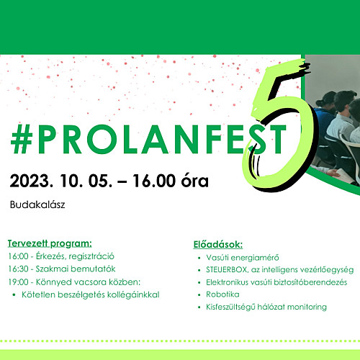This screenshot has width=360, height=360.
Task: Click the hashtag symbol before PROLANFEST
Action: [22, 139]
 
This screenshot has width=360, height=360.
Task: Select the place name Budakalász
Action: [37, 204]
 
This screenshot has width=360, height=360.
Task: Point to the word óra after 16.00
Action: [194, 181]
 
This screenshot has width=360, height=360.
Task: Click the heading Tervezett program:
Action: [50, 243]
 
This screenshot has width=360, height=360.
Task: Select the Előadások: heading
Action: [218, 245]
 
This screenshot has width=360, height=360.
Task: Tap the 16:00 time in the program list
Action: [18, 256]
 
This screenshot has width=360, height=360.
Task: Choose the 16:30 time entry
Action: [18, 269]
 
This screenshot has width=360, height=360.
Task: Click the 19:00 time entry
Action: [18, 282]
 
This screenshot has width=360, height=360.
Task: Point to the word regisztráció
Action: [91, 257]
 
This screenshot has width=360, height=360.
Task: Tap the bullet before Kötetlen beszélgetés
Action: [14, 295]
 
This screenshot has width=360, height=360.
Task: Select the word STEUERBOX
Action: [226, 270]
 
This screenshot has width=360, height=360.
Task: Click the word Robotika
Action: [222, 294]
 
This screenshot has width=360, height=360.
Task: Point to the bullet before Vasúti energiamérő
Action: [199, 258]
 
